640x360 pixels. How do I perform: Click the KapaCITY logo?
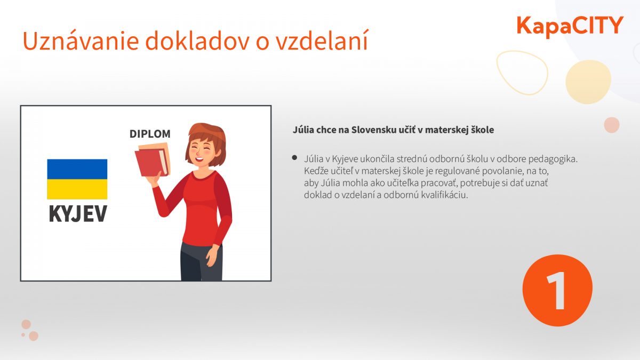click(570, 27)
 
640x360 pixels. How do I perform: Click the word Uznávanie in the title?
click(81, 41)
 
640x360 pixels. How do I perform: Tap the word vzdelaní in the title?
click(322, 41)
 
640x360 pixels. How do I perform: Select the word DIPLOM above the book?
click(150, 134)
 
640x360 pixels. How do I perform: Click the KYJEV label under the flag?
click(78, 213)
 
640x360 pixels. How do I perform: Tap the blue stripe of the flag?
click(77, 169)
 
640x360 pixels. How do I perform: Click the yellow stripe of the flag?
click(77, 189)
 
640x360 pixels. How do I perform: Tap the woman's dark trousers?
click(201, 261)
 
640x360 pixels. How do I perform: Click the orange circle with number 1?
click(557, 290)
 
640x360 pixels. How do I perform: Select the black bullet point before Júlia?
click(294, 158)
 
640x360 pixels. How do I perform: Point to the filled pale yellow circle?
click(588, 82)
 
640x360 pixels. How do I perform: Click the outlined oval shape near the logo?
click(522, 73)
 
